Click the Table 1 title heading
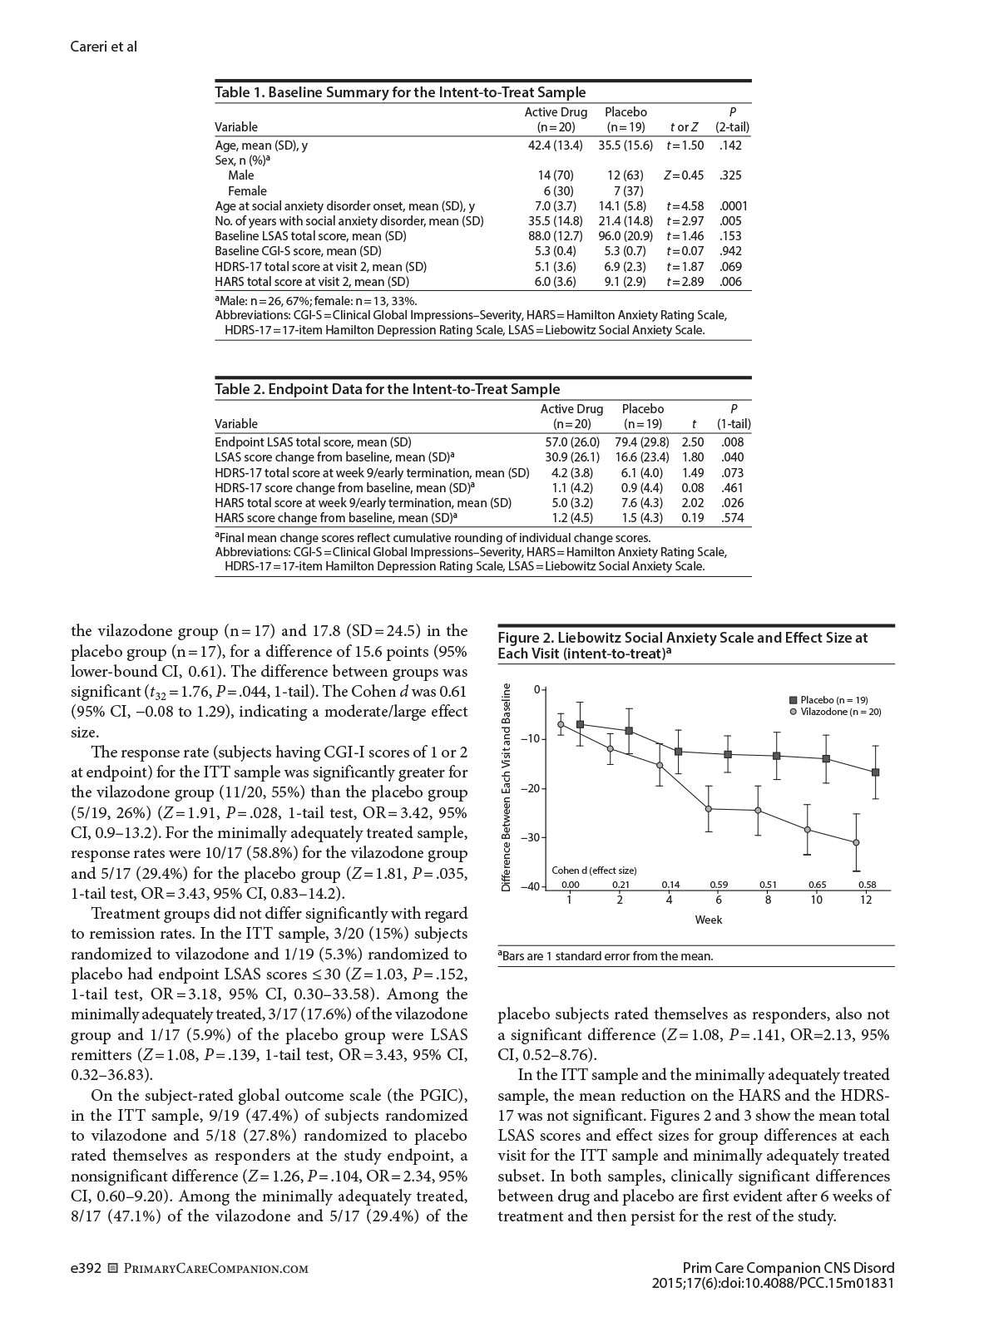(x=400, y=92)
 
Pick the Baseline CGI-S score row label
(x=298, y=251)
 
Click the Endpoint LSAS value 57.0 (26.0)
(x=570, y=442)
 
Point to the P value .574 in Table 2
(x=733, y=518)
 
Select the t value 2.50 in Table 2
(x=692, y=442)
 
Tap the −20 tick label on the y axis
(x=531, y=788)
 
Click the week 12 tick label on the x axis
(x=866, y=900)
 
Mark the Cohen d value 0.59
(x=719, y=885)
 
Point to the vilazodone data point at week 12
(x=857, y=842)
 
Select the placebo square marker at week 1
(x=580, y=724)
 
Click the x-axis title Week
(x=708, y=920)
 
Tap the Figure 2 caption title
(x=682, y=645)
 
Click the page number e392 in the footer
(x=87, y=1269)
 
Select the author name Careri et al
(x=104, y=47)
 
